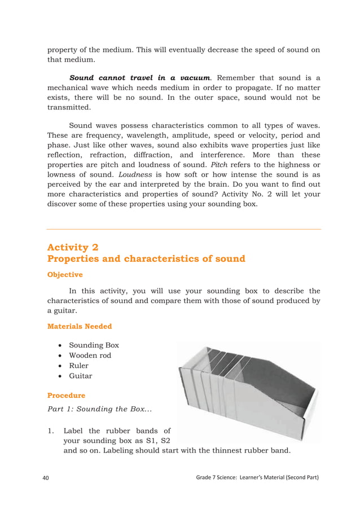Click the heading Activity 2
point(76,247)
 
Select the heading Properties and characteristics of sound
point(146,259)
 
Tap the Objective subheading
point(65,275)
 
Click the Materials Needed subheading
point(80,326)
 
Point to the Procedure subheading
point(66,396)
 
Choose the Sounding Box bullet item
point(94,345)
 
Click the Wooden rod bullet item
point(90,355)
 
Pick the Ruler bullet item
point(78,365)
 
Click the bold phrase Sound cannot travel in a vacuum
point(140,77)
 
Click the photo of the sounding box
point(248,389)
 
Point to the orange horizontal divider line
point(183,229)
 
